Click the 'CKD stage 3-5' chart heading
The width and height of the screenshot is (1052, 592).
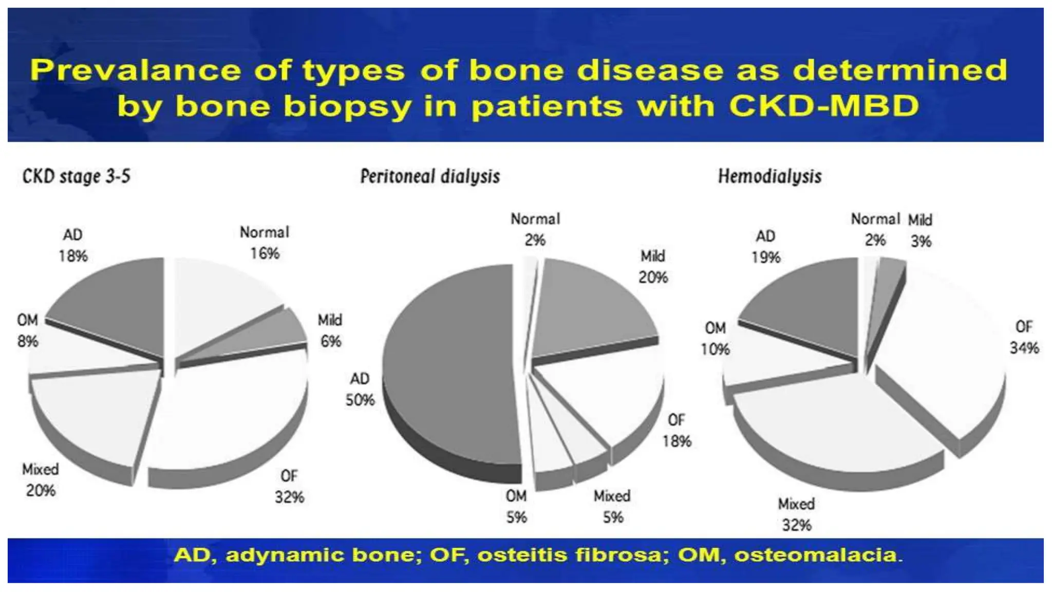point(76,176)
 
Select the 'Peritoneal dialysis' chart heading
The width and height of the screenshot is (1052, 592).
point(429,176)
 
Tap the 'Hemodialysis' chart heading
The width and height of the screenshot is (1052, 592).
point(769,176)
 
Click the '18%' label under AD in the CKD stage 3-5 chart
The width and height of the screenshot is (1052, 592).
point(73,256)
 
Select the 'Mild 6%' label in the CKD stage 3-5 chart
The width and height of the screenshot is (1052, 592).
point(330,330)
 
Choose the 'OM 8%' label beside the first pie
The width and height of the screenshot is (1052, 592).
point(28,330)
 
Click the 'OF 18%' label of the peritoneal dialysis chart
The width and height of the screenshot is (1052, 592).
point(677,431)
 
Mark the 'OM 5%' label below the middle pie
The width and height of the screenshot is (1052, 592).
point(516,507)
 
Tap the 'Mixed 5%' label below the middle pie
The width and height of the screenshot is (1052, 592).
point(612,507)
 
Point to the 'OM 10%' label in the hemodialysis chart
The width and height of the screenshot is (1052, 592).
point(715,339)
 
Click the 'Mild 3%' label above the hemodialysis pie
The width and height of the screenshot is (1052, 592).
point(920,230)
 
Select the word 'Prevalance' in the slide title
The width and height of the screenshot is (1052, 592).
point(135,70)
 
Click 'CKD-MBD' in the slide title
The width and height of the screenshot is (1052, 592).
point(823,106)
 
